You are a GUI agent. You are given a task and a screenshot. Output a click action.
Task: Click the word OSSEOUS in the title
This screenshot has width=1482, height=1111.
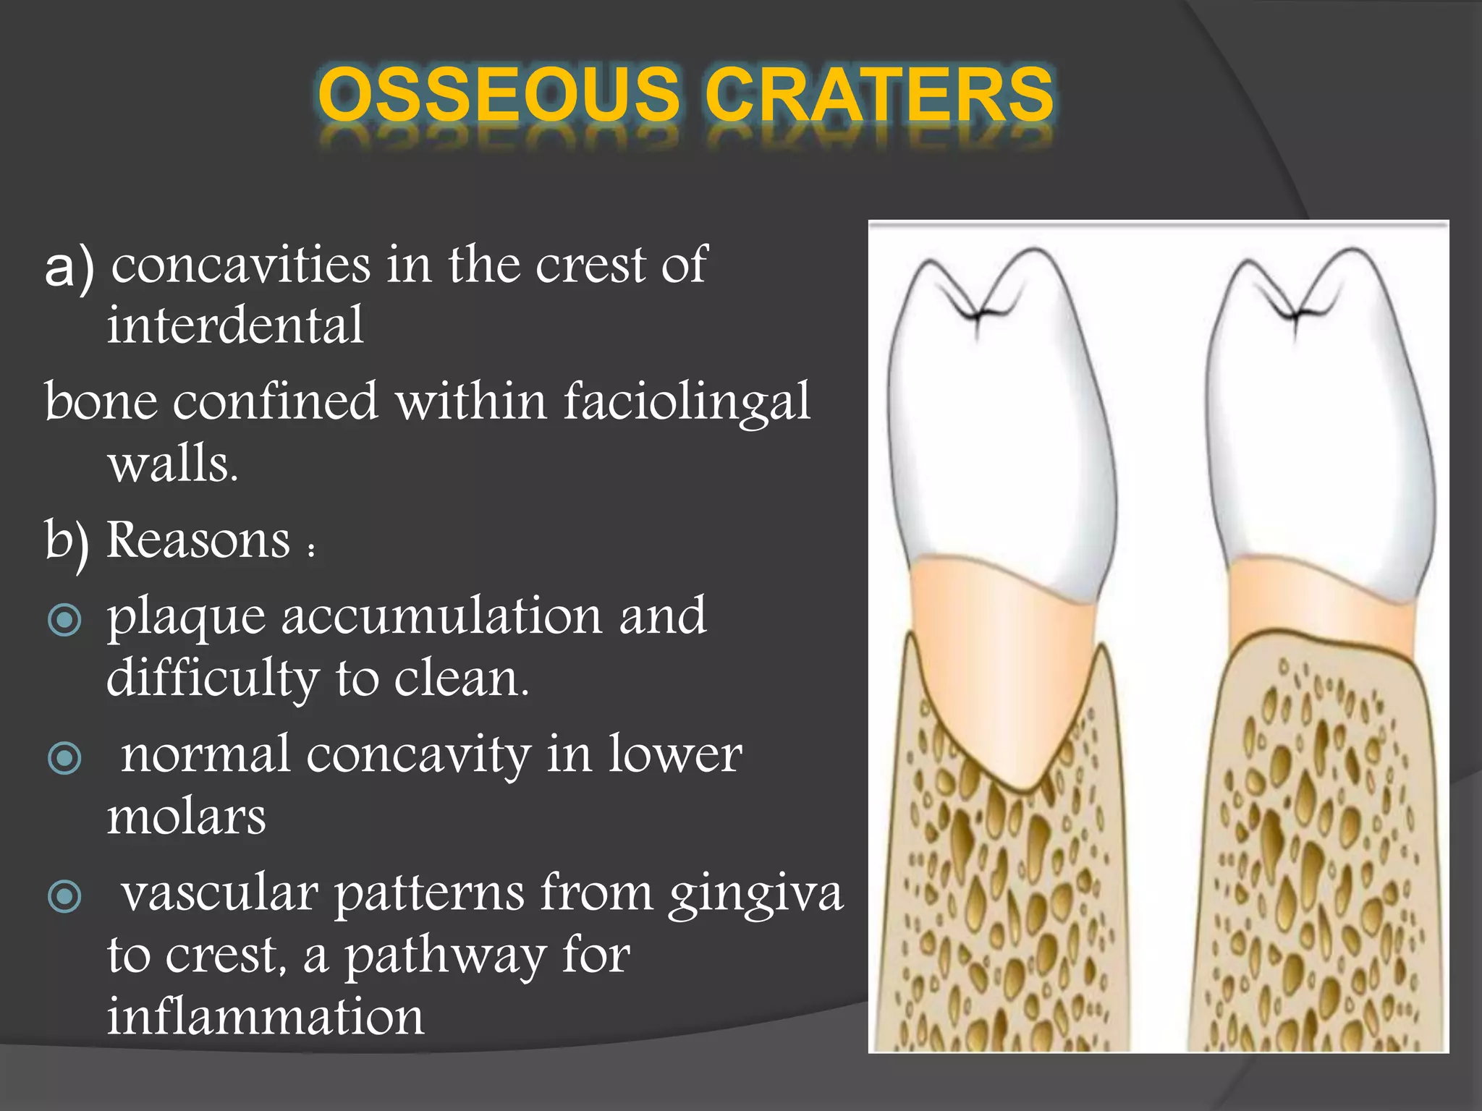point(499,94)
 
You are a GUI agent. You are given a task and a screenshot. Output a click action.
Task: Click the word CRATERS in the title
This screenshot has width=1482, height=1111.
point(878,94)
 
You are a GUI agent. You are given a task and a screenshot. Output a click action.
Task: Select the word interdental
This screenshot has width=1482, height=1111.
point(235,325)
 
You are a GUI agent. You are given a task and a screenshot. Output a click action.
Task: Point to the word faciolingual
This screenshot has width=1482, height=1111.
point(687,401)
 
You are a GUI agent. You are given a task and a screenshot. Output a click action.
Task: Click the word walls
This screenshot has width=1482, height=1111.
point(172,464)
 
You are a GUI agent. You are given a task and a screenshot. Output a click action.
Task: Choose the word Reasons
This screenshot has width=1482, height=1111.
point(198,540)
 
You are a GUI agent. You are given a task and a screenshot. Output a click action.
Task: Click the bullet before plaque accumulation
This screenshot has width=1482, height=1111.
point(64,620)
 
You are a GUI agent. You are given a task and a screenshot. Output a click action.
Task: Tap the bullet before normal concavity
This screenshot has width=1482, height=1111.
point(64,758)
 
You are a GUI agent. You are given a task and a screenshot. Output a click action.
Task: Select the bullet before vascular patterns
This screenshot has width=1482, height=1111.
point(64,897)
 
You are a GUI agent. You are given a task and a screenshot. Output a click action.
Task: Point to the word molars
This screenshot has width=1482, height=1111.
point(186,817)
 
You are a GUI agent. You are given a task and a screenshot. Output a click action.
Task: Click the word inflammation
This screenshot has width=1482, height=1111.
point(266,1016)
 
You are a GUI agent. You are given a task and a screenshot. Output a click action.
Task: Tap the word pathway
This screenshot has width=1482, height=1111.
point(444,956)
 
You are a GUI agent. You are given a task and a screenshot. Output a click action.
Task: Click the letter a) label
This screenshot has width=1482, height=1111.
point(69,268)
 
